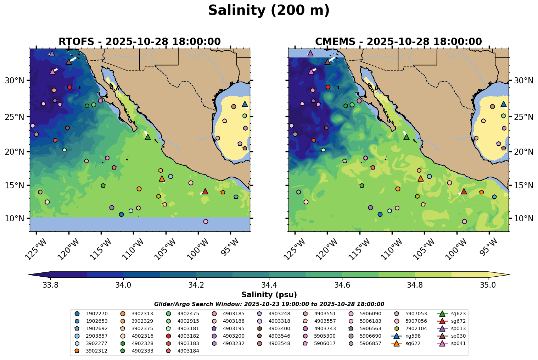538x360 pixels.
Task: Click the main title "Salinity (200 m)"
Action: (x=269, y=11)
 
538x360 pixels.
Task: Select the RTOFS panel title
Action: (x=139, y=42)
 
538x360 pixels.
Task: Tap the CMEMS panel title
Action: (x=398, y=42)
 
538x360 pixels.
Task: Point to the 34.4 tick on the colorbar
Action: (x=269, y=278)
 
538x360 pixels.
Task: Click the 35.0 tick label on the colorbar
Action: (x=488, y=285)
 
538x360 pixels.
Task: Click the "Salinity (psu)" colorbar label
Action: (x=269, y=295)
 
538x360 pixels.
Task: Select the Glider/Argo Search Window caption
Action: (x=269, y=304)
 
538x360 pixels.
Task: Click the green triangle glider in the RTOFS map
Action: (x=148, y=137)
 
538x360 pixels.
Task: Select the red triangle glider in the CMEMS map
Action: (x=464, y=191)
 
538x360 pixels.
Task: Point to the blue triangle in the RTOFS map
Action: (x=245, y=104)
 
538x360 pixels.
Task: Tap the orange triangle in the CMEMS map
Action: (x=421, y=178)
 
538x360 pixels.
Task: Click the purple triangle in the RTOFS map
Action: (x=52, y=53)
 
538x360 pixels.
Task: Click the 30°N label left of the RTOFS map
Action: (x=15, y=81)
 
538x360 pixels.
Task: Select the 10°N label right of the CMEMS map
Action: (x=523, y=218)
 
